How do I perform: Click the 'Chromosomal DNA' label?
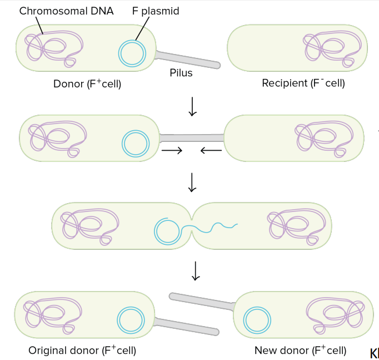(66, 11)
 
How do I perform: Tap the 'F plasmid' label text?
(156, 11)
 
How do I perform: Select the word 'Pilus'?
(181, 73)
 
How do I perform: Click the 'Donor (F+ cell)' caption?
(87, 83)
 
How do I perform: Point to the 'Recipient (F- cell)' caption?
(303, 83)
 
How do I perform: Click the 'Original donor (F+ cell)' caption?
(82, 350)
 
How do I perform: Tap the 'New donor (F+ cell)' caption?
(301, 350)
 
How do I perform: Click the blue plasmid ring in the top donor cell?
(132, 41)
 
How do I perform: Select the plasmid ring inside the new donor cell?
(257, 307)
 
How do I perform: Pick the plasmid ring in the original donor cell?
(131, 307)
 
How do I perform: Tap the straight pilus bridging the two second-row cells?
(192, 137)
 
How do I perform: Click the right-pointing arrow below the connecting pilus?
(172, 150)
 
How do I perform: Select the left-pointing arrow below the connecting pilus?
(211, 150)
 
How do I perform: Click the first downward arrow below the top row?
(192, 107)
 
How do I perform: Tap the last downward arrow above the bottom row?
(196, 271)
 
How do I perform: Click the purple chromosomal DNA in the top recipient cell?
(332, 32)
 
